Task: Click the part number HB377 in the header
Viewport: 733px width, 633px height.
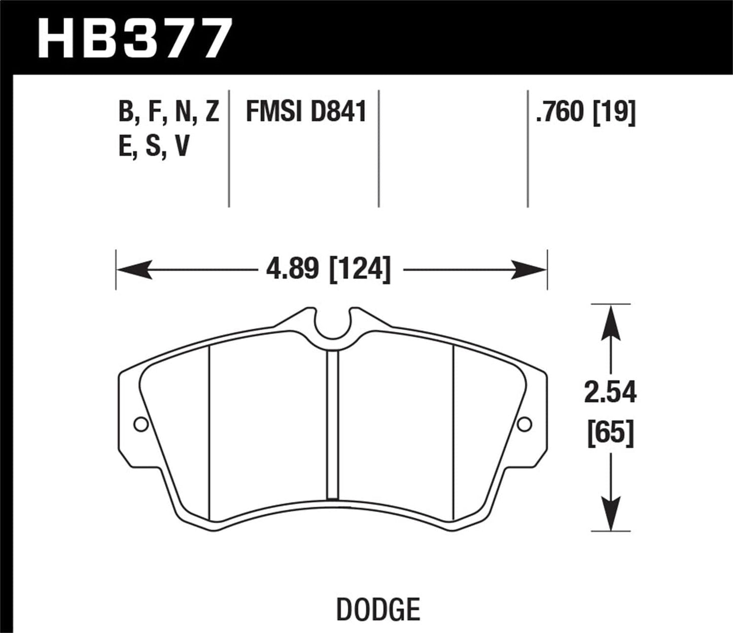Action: pyautogui.click(x=135, y=39)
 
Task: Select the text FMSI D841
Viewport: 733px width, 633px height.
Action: pyautogui.click(x=306, y=112)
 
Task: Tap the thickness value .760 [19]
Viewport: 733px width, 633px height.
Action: pyautogui.click(x=585, y=112)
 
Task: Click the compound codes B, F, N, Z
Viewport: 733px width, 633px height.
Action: pyautogui.click(x=168, y=112)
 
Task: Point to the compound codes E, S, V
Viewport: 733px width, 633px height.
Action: pyautogui.click(x=154, y=147)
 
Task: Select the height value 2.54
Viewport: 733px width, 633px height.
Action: pyautogui.click(x=610, y=393)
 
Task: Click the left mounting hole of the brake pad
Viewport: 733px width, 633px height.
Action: pyautogui.click(x=140, y=424)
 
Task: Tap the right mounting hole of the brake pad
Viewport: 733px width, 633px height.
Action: pyautogui.click(x=524, y=424)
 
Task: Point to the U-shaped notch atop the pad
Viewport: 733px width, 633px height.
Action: pyautogui.click(x=332, y=325)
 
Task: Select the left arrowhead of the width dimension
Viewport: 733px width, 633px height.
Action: pyautogui.click(x=134, y=269)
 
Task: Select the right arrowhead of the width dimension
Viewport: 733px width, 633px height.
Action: pyautogui.click(x=530, y=269)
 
